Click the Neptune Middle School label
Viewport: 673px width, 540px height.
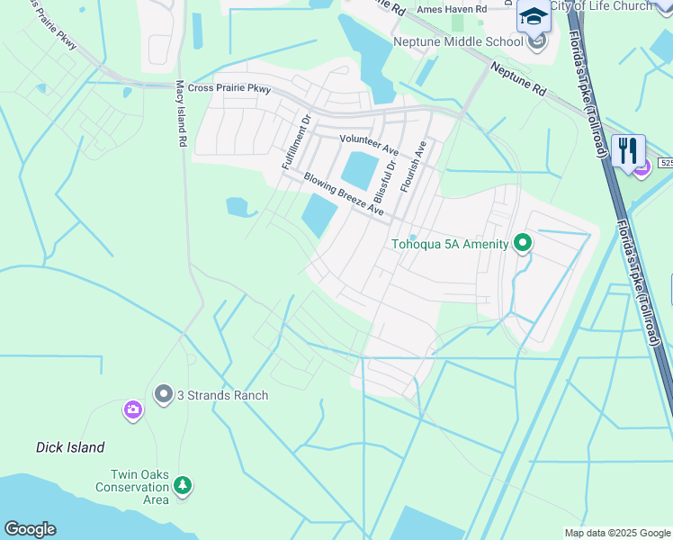tap(457, 41)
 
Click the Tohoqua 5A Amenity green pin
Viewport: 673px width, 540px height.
tap(522, 243)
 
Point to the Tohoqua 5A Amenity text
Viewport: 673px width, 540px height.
tap(449, 244)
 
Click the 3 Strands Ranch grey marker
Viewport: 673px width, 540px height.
tap(163, 394)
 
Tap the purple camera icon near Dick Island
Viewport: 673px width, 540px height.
tap(133, 411)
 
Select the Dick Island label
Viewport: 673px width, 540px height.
tap(70, 447)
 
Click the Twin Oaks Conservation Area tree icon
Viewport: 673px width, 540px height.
tap(183, 487)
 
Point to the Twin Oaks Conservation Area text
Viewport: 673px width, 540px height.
tap(132, 487)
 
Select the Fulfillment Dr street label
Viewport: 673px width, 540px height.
tap(296, 142)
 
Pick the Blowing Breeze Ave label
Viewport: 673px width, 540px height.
tap(344, 195)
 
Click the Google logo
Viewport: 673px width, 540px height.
tap(30, 529)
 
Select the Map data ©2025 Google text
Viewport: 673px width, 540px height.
tap(617, 533)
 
